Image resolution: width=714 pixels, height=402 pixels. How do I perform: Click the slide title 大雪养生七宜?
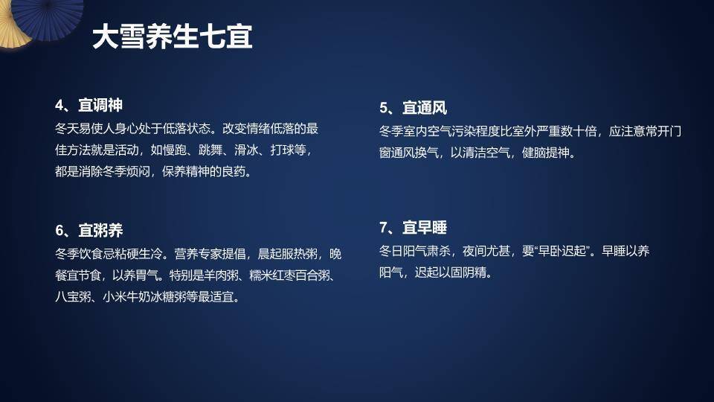click(173, 37)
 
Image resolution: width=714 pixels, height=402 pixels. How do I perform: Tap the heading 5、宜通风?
click(413, 108)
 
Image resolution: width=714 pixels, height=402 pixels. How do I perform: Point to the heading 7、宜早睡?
click(413, 228)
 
